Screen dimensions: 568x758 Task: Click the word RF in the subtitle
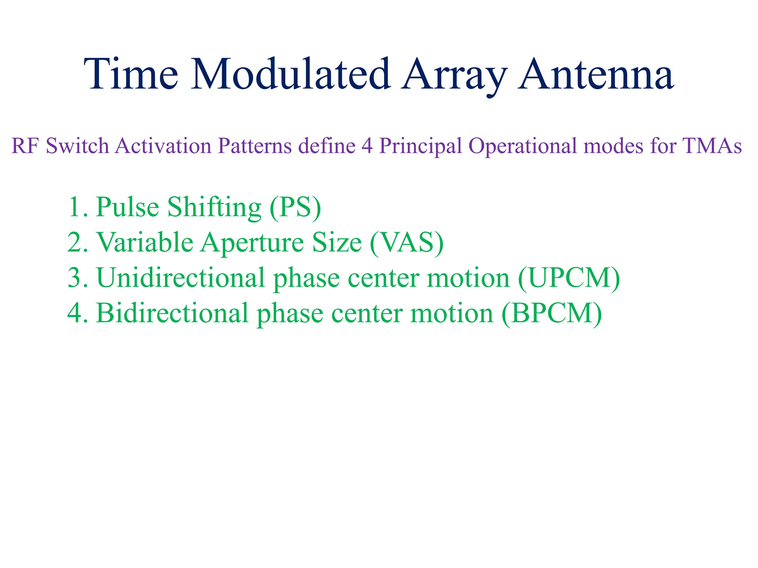(x=25, y=146)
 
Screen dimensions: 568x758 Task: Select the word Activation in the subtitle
(x=163, y=146)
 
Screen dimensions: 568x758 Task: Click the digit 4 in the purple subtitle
(x=367, y=146)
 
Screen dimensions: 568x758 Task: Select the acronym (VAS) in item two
(x=407, y=243)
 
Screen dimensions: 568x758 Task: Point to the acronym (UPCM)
(x=569, y=278)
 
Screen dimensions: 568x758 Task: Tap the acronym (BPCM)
(x=551, y=314)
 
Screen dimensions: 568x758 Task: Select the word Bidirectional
(x=172, y=313)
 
